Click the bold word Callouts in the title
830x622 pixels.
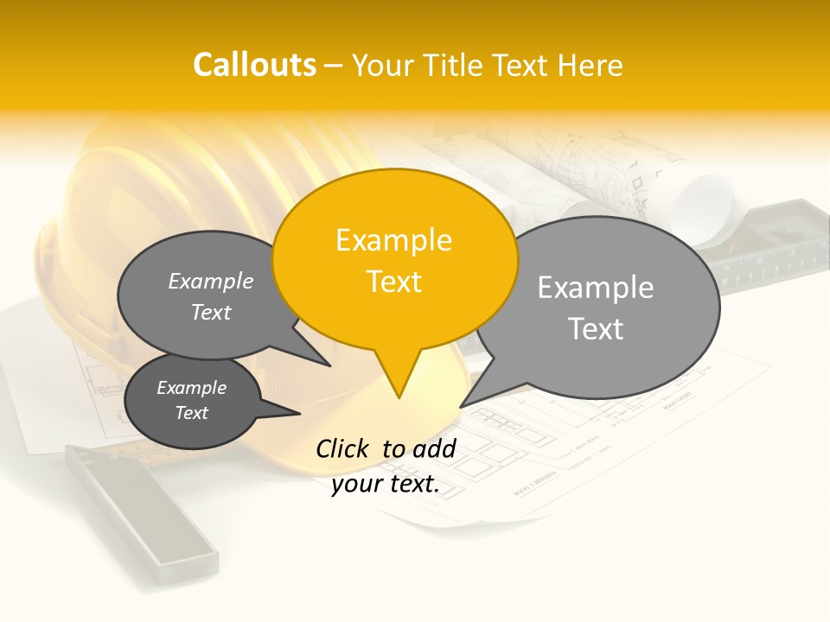(x=254, y=65)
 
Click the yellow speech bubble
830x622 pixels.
(x=395, y=259)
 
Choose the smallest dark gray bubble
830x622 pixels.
(x=192, y=401)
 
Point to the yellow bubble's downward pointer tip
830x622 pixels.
(x=399, y=397)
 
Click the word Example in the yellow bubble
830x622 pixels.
(x=393, y=240)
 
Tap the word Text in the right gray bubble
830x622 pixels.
(x=596, y=329)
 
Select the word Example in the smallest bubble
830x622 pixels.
(x=191, y=388)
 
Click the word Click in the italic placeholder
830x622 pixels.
(x=342, y=448)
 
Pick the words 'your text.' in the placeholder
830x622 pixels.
(x=386, y=484)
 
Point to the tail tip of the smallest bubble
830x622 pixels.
(x=299, y=414)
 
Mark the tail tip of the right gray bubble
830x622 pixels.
(x=461, y=406)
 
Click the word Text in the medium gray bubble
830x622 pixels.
(x=211, y=312)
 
